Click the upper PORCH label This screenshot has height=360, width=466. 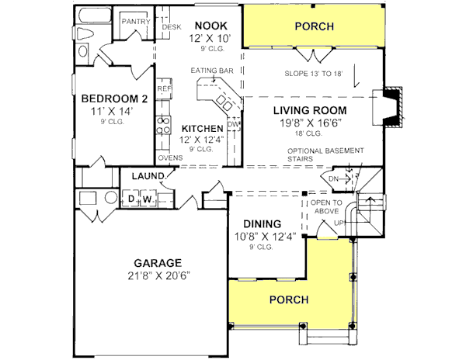315,27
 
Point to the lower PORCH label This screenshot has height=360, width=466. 289,299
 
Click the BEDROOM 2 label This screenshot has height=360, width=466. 114,99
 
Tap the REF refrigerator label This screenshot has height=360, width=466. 164,89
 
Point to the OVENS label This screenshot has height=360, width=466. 170,158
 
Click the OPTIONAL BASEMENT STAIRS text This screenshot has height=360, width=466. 322,154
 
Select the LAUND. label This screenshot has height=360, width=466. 148,177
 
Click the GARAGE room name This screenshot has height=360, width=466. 156,262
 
